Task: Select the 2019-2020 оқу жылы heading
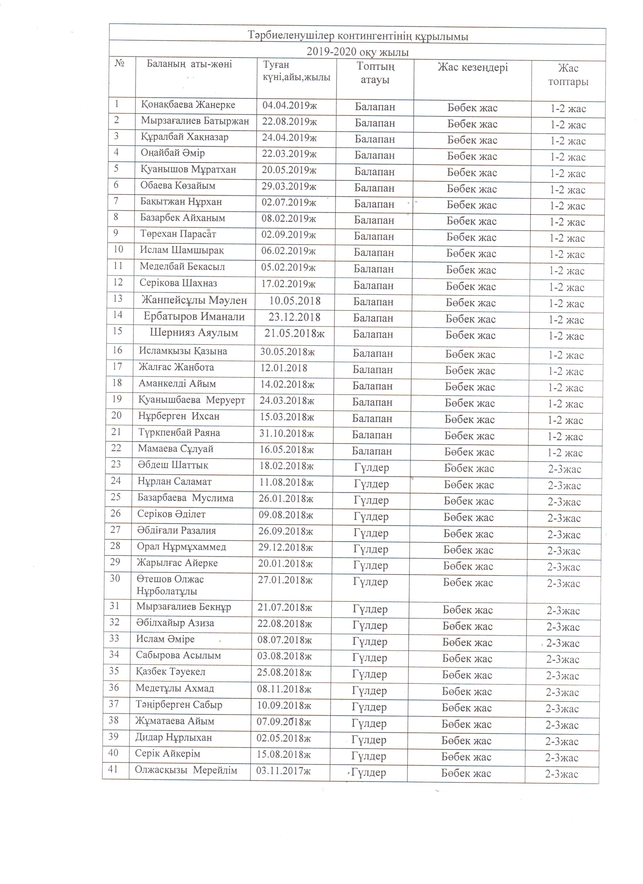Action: pyautogui.click(x=358, y=52)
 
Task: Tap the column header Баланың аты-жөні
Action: pyautogui.click(x=190, y=64)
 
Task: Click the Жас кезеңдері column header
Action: pyautogui.click(x=473, y=68)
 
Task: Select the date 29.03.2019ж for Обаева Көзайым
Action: pyautogui.click(x=289, y=186)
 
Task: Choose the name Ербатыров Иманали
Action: pyautogui.click(x=194, y=317)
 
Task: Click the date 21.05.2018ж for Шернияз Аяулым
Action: pyautogui.click(x=295, y=334)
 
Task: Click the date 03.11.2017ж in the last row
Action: pyautogui.click(x=283, y=771)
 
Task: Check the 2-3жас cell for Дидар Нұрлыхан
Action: pyautogui.click(x=562, y=741)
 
